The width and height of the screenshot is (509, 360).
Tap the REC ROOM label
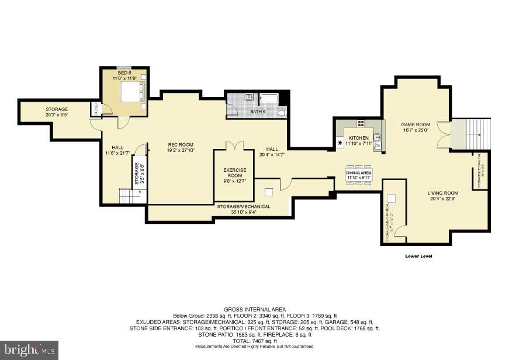[181, 147]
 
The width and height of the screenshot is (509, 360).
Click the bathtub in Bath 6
[269, 98]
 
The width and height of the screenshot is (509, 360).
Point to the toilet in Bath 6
[281, 112]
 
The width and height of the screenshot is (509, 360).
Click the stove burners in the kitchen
[361, 123]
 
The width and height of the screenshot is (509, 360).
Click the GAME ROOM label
[415, 127]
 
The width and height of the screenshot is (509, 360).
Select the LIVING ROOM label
[442, 196]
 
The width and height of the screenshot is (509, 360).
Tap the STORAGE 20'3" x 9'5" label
[57, 112]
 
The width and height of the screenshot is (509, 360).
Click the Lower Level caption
[418, 256]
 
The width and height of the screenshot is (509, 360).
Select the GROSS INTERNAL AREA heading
[254, 309]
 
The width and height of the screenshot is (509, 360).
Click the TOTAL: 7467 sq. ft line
[254, 341]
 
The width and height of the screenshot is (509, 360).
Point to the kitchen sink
[378, 139]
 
